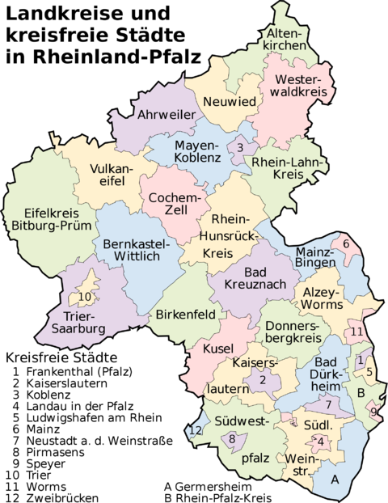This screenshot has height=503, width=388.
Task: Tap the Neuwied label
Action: click(229, 102)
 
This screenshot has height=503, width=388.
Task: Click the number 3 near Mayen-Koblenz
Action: click(239, 147)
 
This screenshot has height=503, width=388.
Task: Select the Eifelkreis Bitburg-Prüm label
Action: click(47, 220)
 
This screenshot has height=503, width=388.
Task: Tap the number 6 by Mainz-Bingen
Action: click(345, 243)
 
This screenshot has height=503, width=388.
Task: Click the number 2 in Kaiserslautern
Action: click(264, 380)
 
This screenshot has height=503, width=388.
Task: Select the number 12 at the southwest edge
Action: click(194, 431)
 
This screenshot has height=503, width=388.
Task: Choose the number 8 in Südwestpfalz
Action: click(233, 439)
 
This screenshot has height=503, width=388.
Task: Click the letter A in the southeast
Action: click(335, 479)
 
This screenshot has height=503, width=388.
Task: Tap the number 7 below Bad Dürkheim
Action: click(328, 404)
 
